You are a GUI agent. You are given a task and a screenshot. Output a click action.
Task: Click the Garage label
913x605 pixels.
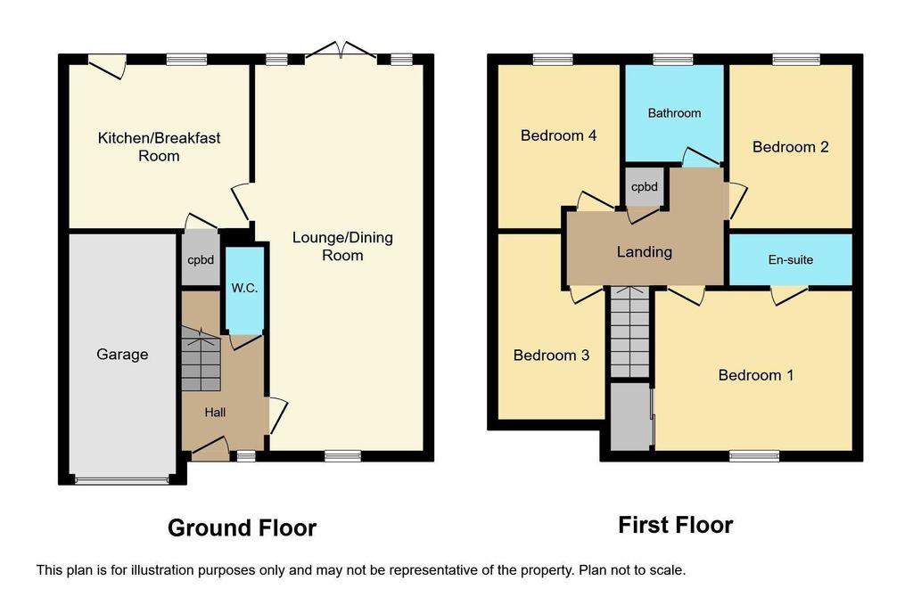pos(122,355)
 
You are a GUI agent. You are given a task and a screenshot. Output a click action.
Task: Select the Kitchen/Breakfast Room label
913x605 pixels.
pos(159,147)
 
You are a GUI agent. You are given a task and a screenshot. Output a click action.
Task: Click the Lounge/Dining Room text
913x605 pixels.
pos(342,246)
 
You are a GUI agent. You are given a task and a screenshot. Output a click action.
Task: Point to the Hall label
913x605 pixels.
pos(215,413)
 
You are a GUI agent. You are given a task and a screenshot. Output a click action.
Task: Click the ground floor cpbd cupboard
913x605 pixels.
pos(201,259)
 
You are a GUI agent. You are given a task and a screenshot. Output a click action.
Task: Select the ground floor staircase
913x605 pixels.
pos(201,359)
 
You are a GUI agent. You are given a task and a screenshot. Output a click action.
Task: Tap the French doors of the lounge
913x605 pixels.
pos(341,51)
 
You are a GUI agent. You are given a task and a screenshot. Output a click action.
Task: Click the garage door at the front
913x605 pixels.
pos(121,480)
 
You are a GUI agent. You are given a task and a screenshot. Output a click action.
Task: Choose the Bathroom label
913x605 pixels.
pos(674,113)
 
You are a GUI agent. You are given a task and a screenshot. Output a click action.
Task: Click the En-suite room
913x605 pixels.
pos(791,259)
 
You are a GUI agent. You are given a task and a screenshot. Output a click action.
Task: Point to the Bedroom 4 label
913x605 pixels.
pos(558,135)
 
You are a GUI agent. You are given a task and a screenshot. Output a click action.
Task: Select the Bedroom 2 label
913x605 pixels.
pos(790,147)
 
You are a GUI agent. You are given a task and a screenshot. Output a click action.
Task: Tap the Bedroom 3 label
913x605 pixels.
pos(551,355)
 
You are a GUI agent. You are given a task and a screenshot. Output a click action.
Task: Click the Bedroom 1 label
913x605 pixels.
pos(756,375)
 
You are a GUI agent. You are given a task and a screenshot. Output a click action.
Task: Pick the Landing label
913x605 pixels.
pos(645,252)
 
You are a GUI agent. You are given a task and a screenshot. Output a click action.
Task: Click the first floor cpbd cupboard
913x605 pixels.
pos(645,187)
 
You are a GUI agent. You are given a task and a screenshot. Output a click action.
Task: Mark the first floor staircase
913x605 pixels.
pos(630,332)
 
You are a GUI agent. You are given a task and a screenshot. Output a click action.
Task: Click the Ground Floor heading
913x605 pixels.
pos(243,528)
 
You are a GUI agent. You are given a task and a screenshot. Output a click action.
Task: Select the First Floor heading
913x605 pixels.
pos(676,526)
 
